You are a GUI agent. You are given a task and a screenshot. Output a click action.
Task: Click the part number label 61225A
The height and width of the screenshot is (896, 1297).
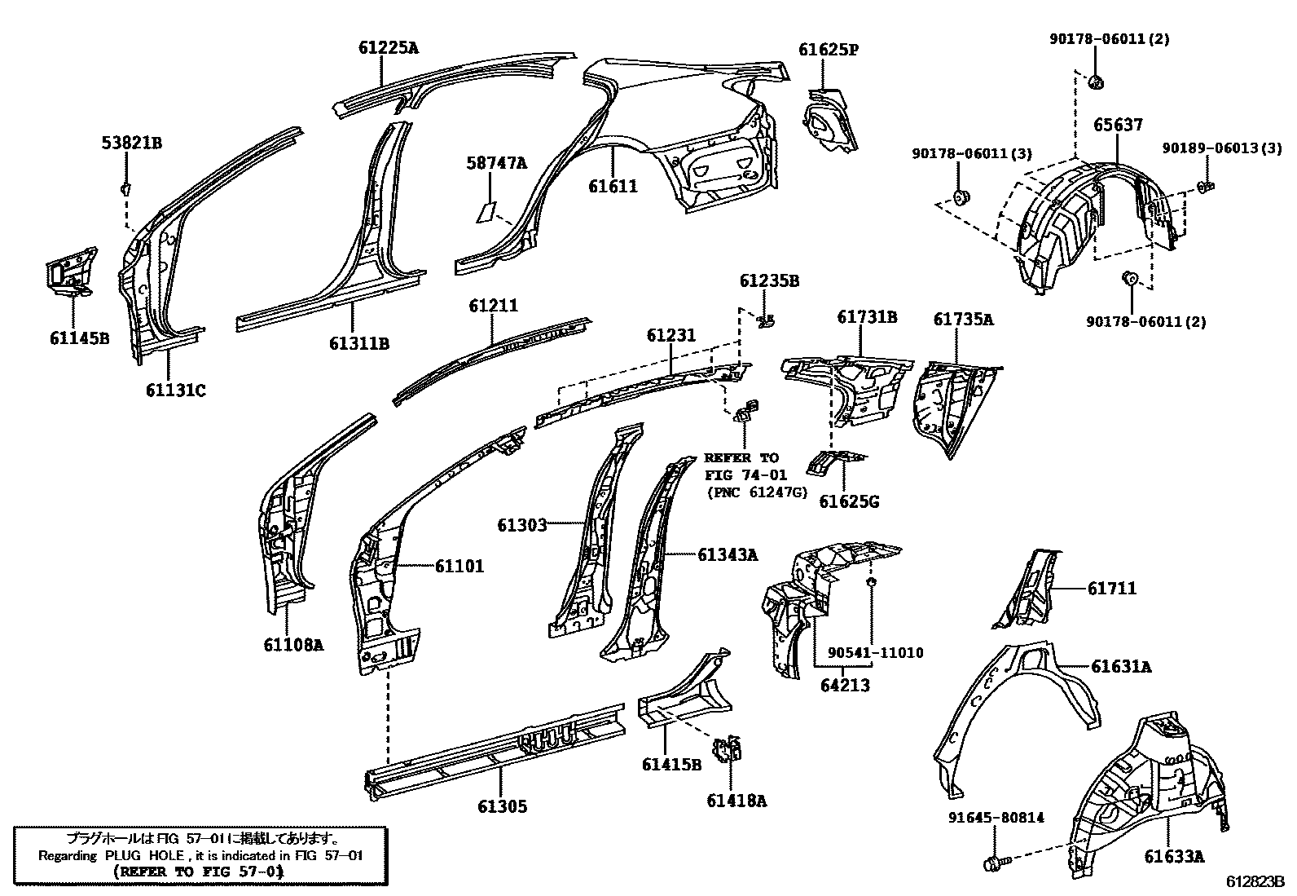pos(388,47)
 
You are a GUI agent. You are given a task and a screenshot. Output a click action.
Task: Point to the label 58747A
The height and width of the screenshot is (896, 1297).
pos(496,163)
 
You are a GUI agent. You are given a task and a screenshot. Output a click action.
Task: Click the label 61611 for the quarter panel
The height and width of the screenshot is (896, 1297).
pos(613,187)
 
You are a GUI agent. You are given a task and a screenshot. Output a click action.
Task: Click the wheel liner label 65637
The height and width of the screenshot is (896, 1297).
pos(1118,125)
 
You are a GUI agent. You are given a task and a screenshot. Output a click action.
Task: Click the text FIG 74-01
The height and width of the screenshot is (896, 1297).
pos(740,475)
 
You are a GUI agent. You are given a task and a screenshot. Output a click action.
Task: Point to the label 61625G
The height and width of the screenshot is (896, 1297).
pos(849,501)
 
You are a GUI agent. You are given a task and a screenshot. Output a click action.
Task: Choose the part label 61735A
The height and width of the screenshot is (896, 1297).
pos(963,320)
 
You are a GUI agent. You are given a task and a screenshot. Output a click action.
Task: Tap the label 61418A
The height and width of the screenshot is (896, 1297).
pos(736,801)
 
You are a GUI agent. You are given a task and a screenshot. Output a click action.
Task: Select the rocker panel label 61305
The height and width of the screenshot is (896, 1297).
pos(502,806)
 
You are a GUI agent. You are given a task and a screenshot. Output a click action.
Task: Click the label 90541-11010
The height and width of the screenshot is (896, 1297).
pos(875,653)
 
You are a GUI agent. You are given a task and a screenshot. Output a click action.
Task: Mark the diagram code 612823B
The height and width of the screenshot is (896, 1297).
pos(1255,881)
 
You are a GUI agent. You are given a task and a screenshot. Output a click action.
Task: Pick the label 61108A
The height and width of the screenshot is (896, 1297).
pos(292,645)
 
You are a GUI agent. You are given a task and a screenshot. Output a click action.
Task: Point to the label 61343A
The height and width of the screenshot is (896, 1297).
pos(727,554)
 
